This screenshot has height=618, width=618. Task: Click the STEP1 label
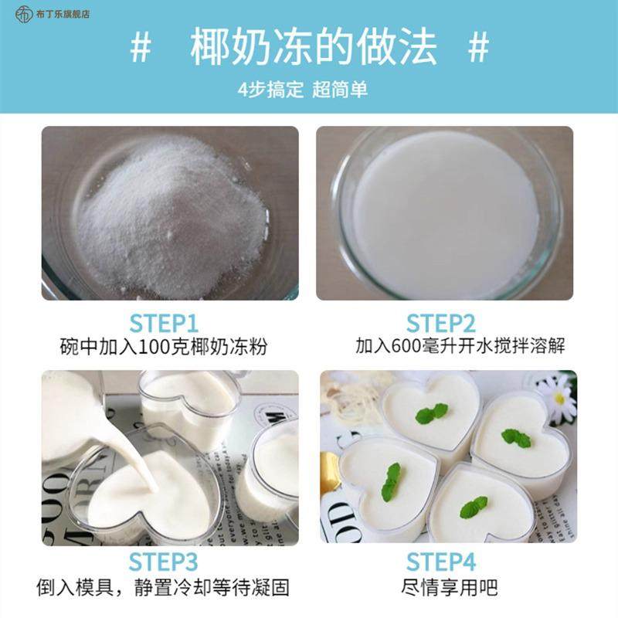coord(164,322)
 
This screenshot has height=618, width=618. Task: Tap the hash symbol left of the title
coord(141,48)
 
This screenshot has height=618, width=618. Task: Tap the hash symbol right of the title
coord(480,48)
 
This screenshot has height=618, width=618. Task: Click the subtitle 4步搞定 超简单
coord(303,89)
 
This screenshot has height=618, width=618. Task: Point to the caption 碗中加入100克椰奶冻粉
coord(164,346)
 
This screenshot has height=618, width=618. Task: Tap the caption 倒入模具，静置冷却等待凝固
coord(163,587)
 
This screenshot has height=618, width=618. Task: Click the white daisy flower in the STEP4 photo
coord(558,398)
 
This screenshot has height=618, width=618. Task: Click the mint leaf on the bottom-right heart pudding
coord(473,507)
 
